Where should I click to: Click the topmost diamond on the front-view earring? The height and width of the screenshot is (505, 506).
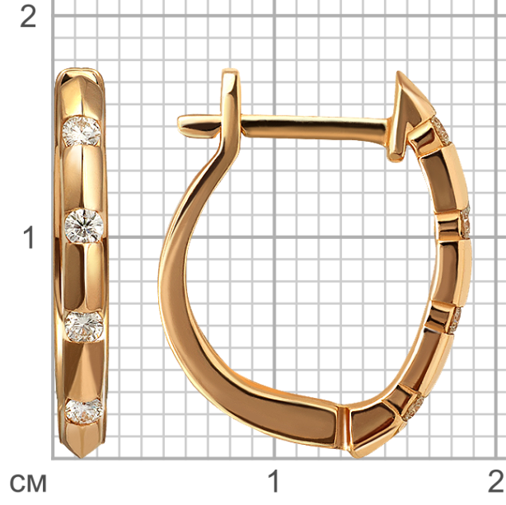coord(82,131)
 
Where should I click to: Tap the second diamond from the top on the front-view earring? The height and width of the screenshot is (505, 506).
coord(84,226)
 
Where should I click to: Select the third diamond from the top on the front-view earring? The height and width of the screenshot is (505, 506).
coord(84,326)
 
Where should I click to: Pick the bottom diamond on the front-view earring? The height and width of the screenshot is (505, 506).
coord(83,411)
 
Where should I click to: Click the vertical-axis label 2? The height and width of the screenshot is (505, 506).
coord(28,16)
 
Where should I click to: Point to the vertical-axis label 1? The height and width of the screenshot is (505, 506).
coord(30,237)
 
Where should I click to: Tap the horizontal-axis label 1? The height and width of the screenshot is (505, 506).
coord(274,481)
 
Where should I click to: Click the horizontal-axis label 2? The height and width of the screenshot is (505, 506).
coord(496,481)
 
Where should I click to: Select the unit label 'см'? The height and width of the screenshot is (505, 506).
coord(28,484)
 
